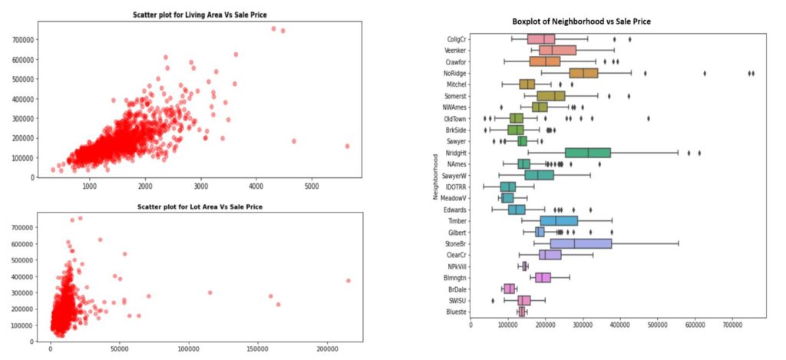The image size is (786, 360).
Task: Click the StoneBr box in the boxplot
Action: (x=581, y=243)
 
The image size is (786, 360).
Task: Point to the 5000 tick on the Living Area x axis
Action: (x=312, y=187)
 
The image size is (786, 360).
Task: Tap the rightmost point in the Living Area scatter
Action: (x=347, y=146)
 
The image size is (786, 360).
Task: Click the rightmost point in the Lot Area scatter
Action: (x=348, y=280)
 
